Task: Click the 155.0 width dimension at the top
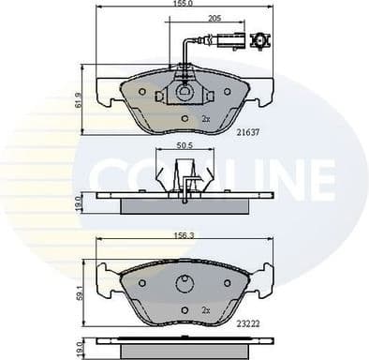pos(183,5)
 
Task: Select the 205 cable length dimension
pos(214,19)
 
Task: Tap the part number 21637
pos(248,133)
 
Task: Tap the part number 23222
pos(248,322)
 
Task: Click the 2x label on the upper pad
pos(205,119)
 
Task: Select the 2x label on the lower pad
pos(205,308)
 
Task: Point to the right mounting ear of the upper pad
pos(264,92)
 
